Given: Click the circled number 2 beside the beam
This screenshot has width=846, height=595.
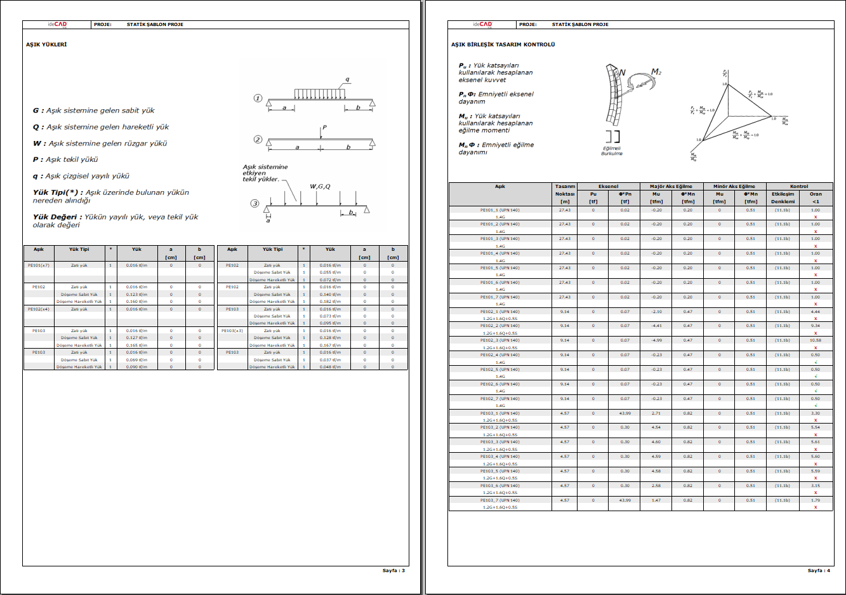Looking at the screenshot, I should (x=258, y=139).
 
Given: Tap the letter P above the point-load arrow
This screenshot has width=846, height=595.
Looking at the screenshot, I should (x=324, y=128).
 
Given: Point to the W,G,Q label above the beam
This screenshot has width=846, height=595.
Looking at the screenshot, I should (x=320, y=187).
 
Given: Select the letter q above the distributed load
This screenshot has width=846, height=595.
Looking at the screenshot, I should (x=347, y=80).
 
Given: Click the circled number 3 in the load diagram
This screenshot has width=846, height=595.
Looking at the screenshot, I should (x=254, y=203).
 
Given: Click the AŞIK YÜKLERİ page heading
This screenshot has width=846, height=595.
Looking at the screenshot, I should (x=46, y=44).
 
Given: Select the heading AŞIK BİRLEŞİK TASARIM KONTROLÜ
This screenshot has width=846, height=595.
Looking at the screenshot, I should (x=503, y=44).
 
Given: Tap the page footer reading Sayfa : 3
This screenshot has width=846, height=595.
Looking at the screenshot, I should (x=393, y=570).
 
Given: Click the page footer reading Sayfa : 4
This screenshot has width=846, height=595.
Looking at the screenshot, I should (x=819, y=570).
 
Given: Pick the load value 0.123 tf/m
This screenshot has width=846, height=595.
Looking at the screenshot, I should (x=136, y=294).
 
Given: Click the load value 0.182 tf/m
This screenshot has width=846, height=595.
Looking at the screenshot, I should (x=330, y=302).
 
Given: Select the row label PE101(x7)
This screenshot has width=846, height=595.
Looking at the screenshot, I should (x=39, y=265).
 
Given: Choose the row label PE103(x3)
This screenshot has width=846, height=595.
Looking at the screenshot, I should (x=232, y=330).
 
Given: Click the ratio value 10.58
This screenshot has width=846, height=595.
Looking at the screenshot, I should (x=816, y=340).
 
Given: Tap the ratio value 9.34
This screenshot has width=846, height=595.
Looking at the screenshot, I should (x=816, y=326).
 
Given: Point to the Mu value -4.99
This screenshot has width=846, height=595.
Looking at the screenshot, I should (x=656, y=340).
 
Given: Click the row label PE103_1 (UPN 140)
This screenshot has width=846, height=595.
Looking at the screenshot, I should (x=500, y=413).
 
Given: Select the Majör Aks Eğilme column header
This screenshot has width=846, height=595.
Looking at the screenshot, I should (x=671, y=187).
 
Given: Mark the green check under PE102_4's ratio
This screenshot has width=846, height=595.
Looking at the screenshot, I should (x=816, y=362).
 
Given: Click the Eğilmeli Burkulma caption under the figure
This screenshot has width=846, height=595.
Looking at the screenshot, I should (x=612, y=151).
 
